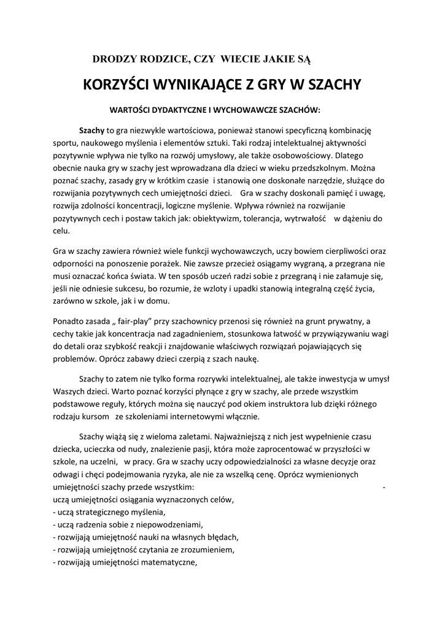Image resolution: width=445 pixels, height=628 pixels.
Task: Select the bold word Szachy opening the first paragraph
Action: point(92,131)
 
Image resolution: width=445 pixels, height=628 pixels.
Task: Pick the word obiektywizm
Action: point(217,219)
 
